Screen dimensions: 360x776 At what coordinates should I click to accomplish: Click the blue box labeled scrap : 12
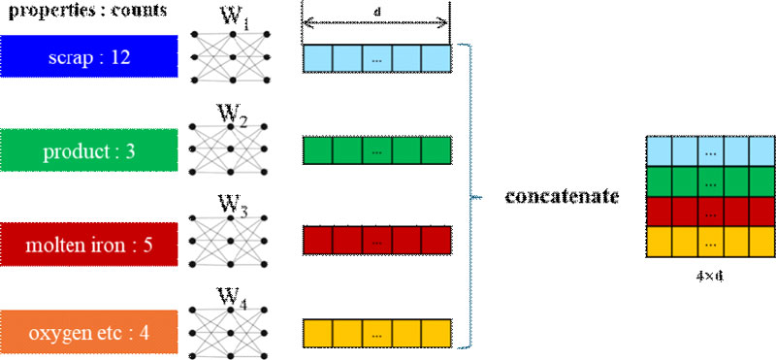pyautogui.click(x=88, y=57)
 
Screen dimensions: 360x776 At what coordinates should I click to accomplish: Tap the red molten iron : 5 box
pyautogui.click(x=88, y=239)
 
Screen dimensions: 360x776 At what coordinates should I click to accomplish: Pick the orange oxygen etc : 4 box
pyautogui.click(x=88, y=330)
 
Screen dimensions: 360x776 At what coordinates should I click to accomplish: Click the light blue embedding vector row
pyautogui.click(x=376, y=59)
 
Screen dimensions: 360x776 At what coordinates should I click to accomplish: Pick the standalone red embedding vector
pyautogui.click(x=376, y=241)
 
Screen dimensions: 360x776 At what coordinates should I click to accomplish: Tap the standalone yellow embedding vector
pyautogui.click(x=376, y=332)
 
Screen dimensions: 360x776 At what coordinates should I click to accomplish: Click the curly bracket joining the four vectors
pyautogui.click(x=472, y=195)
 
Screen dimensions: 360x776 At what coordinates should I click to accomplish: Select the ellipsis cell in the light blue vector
pyautogui.click(x=376, y=59)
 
